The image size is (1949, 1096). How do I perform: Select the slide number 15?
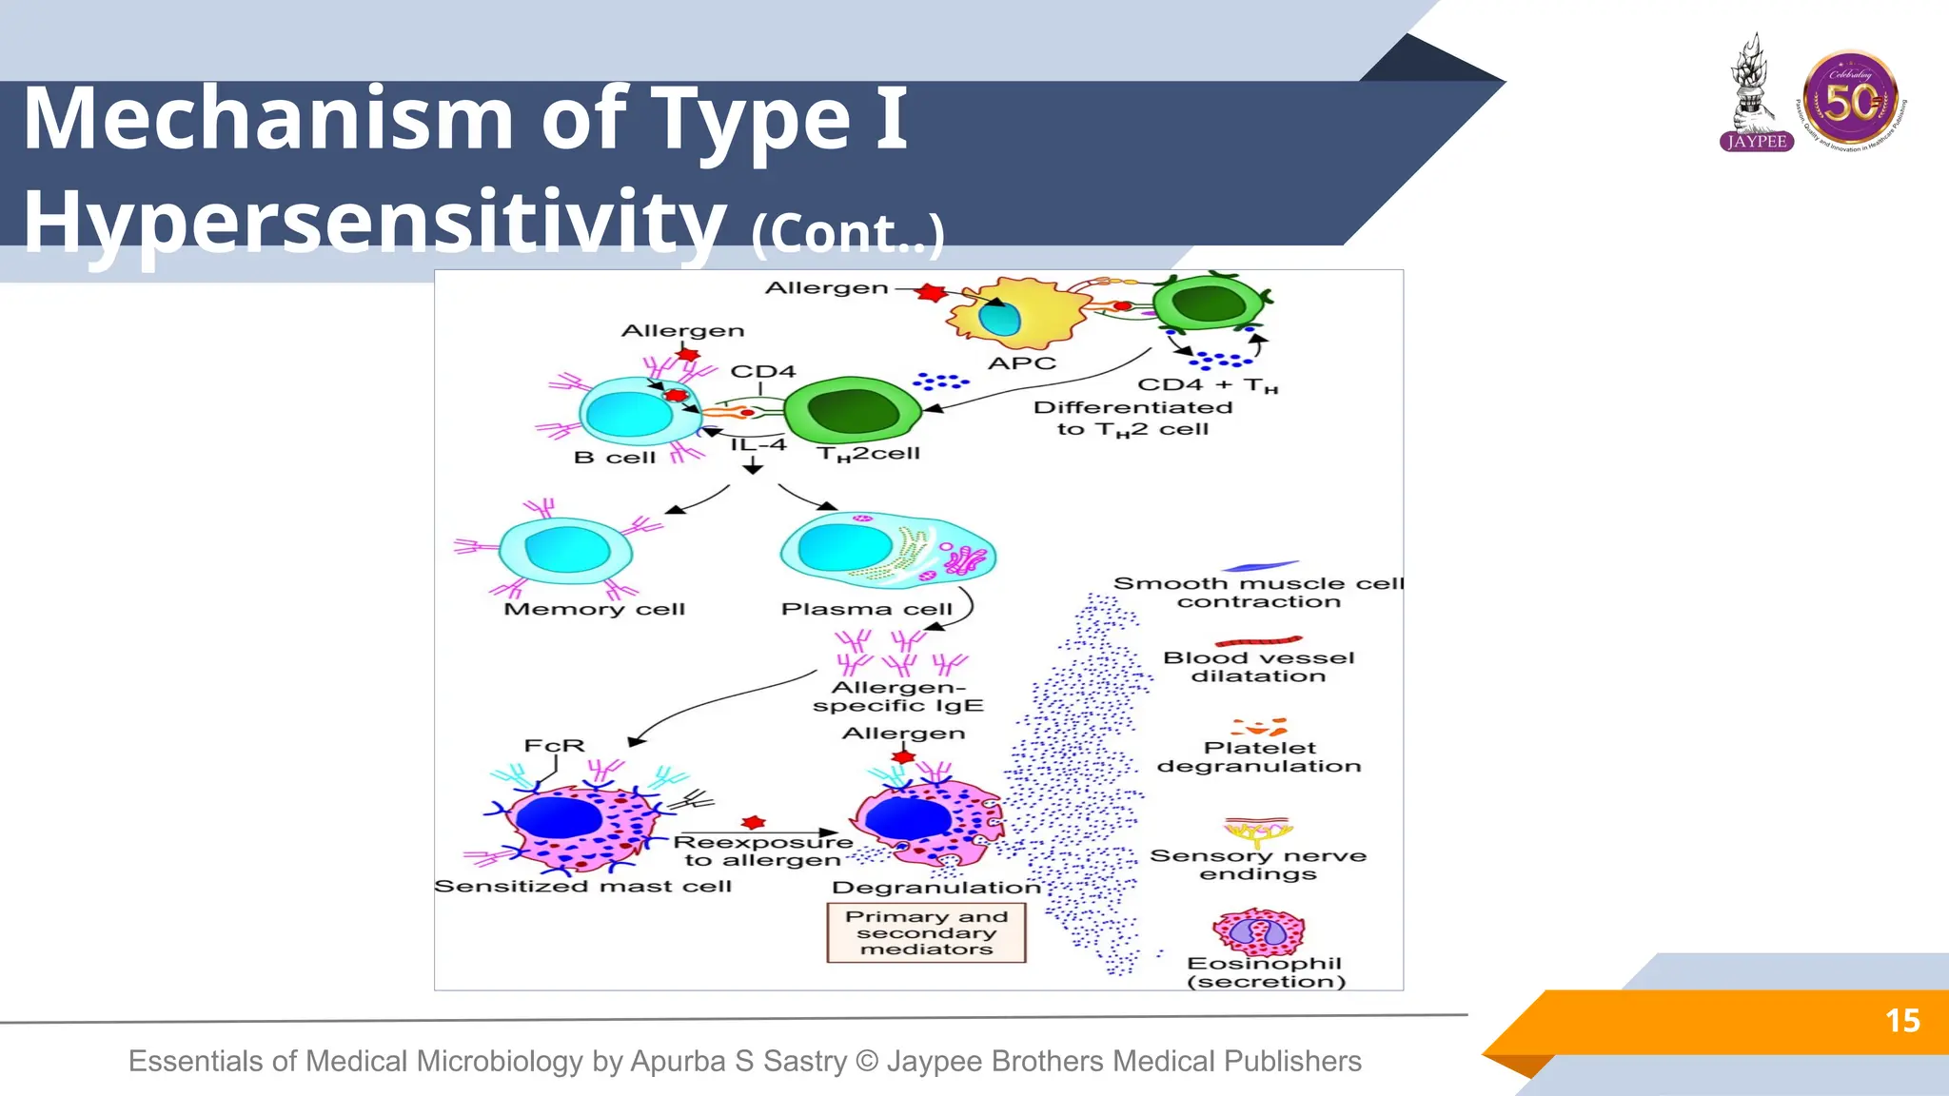tap(1902, 1021)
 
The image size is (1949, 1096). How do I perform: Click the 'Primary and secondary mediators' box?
tap(926, 933)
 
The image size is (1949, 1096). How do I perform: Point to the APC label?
tap(1021, 363)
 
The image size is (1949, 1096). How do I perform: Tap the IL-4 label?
tap(758, 445)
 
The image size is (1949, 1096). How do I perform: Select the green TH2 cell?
tap(853, 411)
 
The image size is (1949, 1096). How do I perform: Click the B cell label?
tap(615, 458)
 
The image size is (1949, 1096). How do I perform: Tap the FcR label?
tap(554, 746)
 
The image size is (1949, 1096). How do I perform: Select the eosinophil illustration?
tap(1258, 933)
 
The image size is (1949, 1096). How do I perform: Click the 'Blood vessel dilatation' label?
tap(1258, 667)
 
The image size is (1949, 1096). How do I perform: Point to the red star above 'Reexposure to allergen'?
tap(754, 822)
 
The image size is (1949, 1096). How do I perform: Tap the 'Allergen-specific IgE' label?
tap(898, 696)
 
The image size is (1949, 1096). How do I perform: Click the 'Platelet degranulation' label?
tap(1258, 757)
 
